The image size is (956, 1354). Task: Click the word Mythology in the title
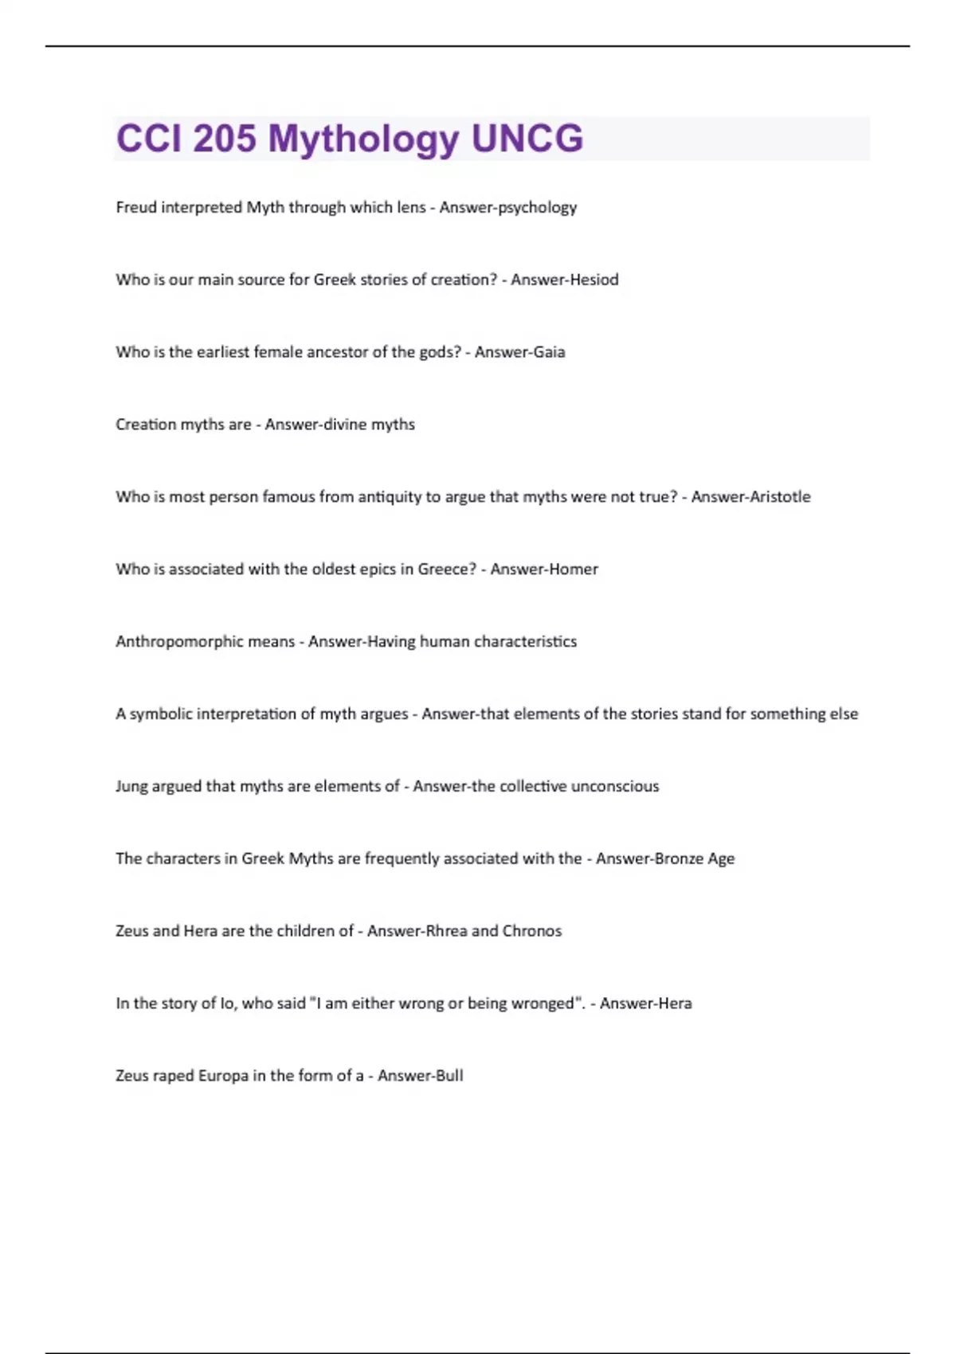[363, 139]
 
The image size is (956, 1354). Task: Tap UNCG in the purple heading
[527, 139]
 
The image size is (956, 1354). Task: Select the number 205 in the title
[224, 139]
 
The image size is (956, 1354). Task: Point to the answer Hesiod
[594, 280]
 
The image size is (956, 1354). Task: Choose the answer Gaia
[549, 352]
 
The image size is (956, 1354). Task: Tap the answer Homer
[571, 569]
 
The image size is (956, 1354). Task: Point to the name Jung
[131, 787]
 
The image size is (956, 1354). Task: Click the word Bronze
[679, 859]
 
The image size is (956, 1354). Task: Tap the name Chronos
[531, 931]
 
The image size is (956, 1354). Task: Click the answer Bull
[449, 1076]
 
